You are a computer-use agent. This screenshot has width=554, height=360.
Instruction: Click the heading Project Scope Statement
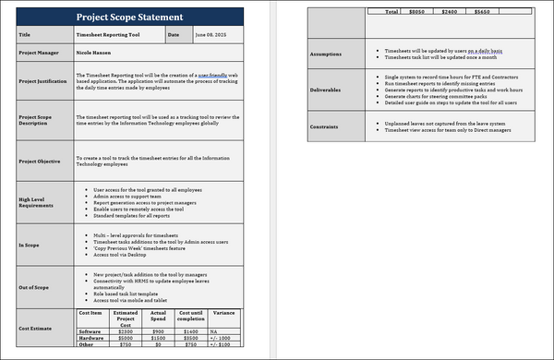pos(128,18)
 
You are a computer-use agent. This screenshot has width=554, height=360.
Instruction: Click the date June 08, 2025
pos(211,35)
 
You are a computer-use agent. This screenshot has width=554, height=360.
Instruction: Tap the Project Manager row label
pos(40,53)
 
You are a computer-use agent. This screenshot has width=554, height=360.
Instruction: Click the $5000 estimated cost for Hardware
pos(125,338)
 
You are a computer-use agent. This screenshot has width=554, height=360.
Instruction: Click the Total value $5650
pos(482,12)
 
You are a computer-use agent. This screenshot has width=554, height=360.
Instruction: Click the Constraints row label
pos(328,126)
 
